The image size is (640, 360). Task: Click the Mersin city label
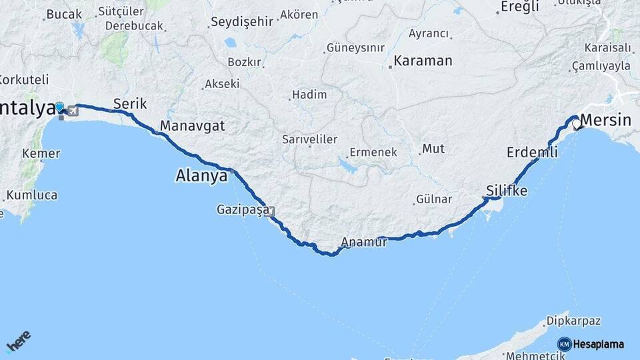pyautogui.click(x=606, y=121)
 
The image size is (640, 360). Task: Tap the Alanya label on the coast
pyautogui.click(x=201, y=176)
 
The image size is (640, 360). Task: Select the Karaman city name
pyautogui.click(x=423, y=61)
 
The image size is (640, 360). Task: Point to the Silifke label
pyautogui.click(x=507, y=191)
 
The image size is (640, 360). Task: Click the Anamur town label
pyautogui.click(x=364, y=243)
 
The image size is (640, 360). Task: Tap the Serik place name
pyautogui.click(x=130, y=103)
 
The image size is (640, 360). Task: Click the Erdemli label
pyautogui.click(x=532, y=152)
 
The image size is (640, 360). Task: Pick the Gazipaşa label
pyautogui.click(x=243, y=209)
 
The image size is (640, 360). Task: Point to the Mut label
pyautogui.click(x=433, y=148)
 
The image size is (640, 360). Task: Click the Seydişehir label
pyautogui.click(x=241, y=21)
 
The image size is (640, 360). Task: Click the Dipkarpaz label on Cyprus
pyautogui.click(x=574, y=321)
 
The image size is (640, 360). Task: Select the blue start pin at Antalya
pyautogui.click(x=60, y=107)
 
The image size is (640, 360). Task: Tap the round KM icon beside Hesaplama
pyautogui.click(x=564, y=344)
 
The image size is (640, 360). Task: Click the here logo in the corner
pyautogui.click(x=19, y=343)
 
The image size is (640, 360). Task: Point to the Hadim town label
pyautogui.click(x=309, y=95)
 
